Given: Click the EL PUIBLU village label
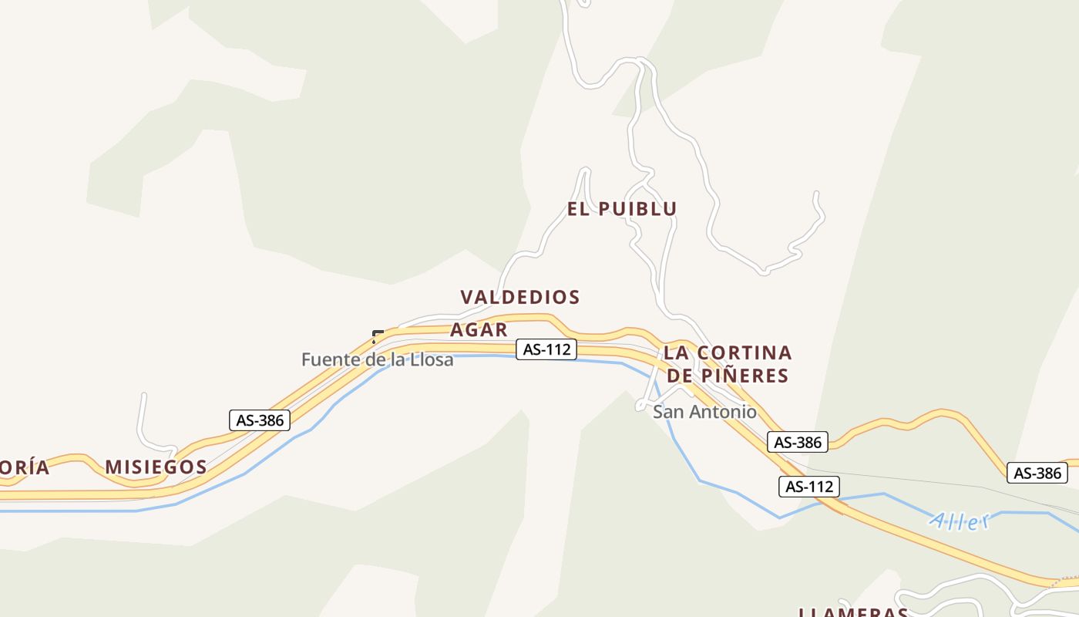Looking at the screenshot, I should (x=622, y=209).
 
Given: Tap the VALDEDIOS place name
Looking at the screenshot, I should (x=519, y=297).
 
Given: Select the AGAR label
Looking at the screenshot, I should (x=479, y=330).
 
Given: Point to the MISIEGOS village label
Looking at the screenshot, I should (x=156, y=467).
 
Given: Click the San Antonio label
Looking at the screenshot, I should (x=704, y=412).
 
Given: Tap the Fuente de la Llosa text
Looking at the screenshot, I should (x=377, y=359).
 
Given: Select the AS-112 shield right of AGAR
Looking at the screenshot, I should (x=546, y=349).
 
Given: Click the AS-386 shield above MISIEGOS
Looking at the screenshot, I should (x=260, y=420).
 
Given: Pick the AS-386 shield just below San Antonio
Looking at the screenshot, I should (x=797, y=442).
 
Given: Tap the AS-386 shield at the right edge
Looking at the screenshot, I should (x=1037, y=473).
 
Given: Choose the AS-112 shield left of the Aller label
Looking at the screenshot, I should (x=808, y=487).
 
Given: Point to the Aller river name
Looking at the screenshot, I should (x=959, y=521).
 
